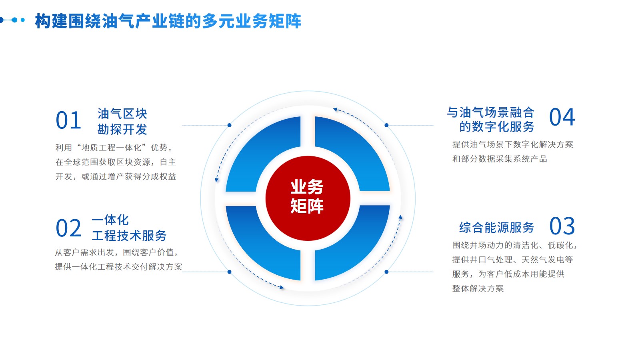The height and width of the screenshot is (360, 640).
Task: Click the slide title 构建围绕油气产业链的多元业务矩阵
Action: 168,21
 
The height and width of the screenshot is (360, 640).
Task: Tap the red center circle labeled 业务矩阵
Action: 308,198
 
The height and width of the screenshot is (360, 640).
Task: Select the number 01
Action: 68,120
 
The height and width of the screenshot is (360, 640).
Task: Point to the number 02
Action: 68,228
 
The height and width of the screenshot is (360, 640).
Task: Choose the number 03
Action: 562,226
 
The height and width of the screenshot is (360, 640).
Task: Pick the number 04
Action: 562,117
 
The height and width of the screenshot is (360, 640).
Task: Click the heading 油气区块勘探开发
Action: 122,122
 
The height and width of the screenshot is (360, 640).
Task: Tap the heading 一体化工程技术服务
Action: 129,228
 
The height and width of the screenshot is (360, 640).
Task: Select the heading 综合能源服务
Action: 496,228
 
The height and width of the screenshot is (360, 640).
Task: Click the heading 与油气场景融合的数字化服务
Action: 491,119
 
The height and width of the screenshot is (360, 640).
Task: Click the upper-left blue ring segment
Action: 266,154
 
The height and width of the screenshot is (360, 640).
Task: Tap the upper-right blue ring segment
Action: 350,154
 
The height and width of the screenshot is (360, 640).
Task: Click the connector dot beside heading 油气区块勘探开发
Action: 229,125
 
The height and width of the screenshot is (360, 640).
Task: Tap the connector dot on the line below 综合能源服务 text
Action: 386,272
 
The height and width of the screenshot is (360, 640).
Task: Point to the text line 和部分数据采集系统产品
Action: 500,159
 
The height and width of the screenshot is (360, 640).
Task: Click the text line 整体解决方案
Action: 478,288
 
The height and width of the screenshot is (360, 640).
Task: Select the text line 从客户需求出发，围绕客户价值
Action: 116,252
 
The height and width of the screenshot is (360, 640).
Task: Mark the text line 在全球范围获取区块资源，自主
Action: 116,162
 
